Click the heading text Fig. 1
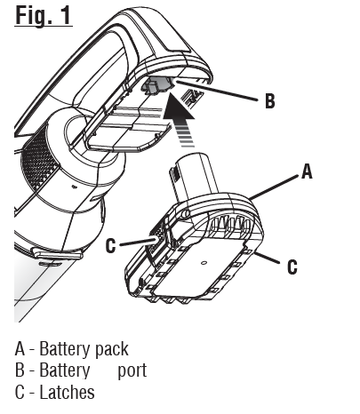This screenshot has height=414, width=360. pos(44,15)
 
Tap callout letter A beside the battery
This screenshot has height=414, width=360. pos(307,172)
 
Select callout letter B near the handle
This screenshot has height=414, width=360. pos(269,101)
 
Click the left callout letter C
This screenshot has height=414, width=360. pos(110,246)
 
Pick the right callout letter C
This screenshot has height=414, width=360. pos(291,266)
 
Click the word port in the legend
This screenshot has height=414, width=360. pos(132,370)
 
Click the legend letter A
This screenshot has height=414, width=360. pos(20,349)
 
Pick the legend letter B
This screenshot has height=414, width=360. pos(20,370)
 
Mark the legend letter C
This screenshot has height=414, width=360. pos(20,392)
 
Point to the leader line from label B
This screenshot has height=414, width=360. pos(218,93)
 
